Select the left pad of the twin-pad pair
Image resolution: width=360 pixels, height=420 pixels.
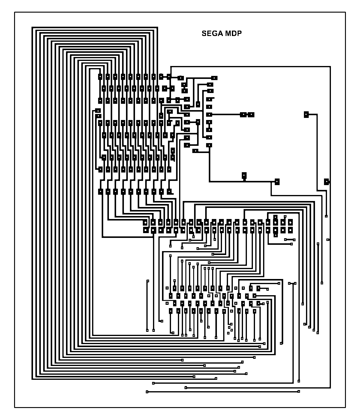(243, 114)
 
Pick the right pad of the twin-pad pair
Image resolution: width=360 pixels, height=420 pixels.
(251, 114)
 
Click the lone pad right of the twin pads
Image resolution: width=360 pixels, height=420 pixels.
(306, 114)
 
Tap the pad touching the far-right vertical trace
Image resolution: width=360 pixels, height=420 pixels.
(327, 181)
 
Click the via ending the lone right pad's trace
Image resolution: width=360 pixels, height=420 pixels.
(326, 216)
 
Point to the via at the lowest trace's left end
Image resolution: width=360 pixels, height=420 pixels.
(147, 392)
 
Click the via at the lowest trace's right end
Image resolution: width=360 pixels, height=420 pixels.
(299, 391)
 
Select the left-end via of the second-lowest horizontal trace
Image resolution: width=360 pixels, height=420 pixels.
(186, 388)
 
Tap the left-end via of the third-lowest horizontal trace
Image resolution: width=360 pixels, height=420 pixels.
(154, 383)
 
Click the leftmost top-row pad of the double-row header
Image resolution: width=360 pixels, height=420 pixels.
(145, 223)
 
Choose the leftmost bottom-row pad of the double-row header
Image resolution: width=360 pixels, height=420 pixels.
(145, 230)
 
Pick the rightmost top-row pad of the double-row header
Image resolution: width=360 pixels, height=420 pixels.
(290, 223)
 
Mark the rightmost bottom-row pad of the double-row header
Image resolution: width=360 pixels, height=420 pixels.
(290, 230)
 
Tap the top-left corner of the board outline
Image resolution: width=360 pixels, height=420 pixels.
(15, 12)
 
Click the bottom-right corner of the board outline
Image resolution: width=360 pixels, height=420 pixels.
(345, 407)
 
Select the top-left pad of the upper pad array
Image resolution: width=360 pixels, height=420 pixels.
(100, 76)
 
